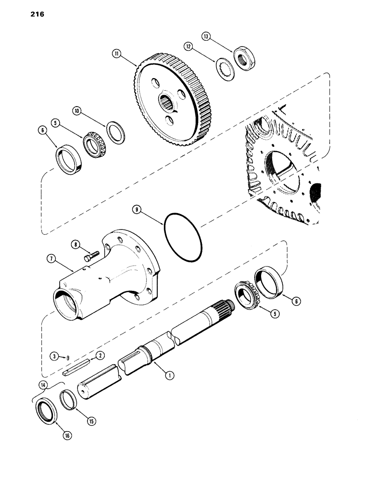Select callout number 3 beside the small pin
[x=56, y=356]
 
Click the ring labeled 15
[x=70, y=401]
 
